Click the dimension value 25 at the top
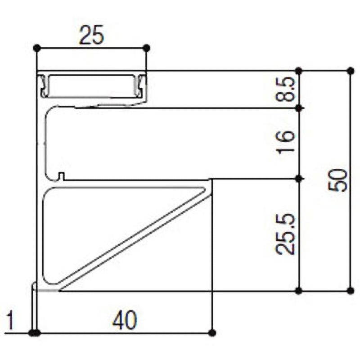(91, 35)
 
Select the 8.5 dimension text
(285, 89)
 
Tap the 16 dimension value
(285, 142)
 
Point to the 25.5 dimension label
(285, 234)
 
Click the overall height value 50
(337, 180)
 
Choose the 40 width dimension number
(125, 320)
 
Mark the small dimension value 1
(10, 320)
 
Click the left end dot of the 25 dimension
(37, 48)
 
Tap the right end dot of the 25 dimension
(146, 48)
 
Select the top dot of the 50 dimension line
(351, 71)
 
